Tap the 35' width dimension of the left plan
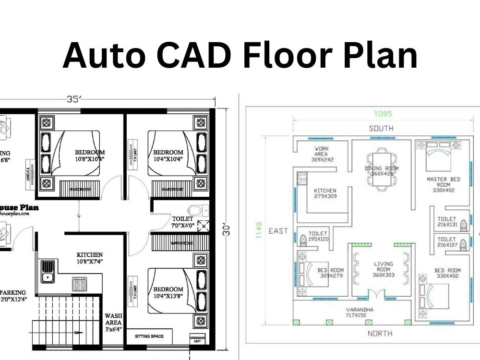click(x=73, y=100)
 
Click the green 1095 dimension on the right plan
click(x=384, y=114)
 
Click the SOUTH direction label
click(x=381, y=128)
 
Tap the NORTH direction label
click(x=380, y=333)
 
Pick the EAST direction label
click(x=278, y=231)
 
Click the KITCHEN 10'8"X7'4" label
click(x=90, y=258)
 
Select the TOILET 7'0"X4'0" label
click(x=182, y=222)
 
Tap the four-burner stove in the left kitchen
click(x=79, y=284)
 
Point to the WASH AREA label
click(x=113, y=323)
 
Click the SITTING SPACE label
click(x=149, y=336)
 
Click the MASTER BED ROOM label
click(x=443, y=184)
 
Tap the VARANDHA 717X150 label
click(x=362, y=312)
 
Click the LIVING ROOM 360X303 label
click(x=383, y=269)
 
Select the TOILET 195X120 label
click(x=318, y=236)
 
